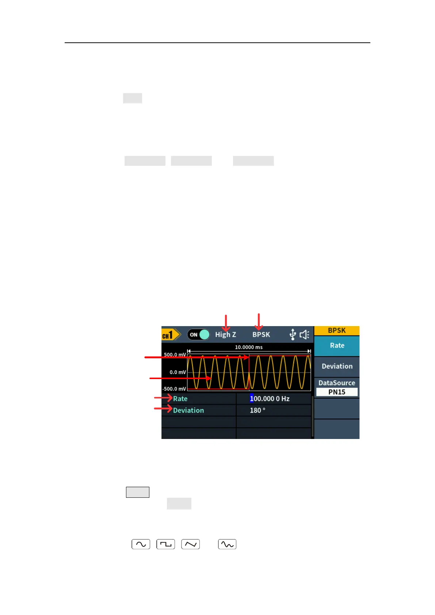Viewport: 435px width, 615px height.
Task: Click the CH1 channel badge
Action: click(x=170, y=335)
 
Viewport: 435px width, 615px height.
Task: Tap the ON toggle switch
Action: click(x=199, y=335)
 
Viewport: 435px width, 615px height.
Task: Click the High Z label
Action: click(x=225, y=335)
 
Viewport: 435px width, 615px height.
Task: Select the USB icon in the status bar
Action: click(x=293, y=335)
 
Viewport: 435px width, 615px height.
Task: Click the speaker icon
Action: click(x=304, y=335)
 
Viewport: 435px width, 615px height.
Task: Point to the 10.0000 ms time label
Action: click(x=248, y=347)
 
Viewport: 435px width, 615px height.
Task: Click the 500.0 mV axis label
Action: click(x=175, y=355)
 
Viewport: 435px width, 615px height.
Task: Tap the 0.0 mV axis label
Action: click(x=178, y=372)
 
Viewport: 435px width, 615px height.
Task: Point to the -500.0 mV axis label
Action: click(x=174, y=389)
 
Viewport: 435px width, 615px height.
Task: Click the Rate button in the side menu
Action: click(x=337, y=345)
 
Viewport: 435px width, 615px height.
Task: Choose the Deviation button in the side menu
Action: click(x=337, y=366)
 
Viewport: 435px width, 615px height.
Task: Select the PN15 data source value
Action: click(x=337, y=392)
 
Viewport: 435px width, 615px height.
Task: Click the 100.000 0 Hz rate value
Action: click(x=270, y=399)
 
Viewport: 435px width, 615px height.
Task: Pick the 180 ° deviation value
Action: click(x=257, y=410)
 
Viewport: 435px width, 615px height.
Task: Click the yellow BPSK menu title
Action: click(x=337, y=331)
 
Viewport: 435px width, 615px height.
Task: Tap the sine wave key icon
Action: click(x=141, y=544)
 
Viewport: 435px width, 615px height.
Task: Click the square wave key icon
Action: click(x=166, y=544)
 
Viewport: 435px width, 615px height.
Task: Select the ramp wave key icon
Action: click(x=190, y=544)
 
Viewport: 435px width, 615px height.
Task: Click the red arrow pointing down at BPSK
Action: click(x=259, y=321)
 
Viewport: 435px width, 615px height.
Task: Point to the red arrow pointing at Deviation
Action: click(x=163, y=408)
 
